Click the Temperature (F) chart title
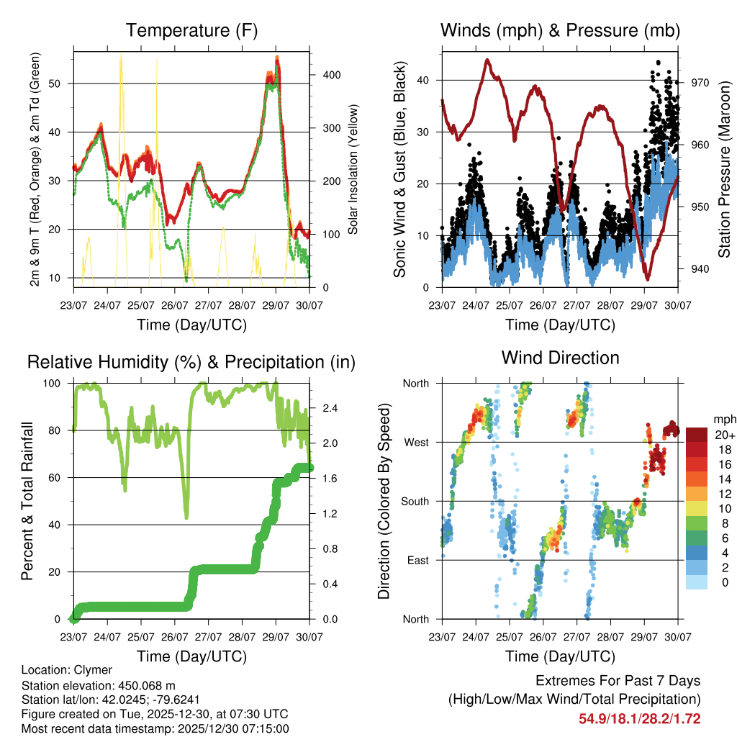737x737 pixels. click(191, 31)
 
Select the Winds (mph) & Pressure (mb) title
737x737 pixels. click(560, 31)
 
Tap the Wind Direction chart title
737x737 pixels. click(560, 357)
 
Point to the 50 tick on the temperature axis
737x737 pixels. click(63, 83)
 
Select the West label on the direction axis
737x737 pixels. click(416, 442)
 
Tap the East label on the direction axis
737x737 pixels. click(417, 560)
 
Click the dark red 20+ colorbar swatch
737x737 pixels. click(697, 435)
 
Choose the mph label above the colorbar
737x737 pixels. click(723, 419)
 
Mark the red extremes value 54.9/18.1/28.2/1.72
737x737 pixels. click(640, 718)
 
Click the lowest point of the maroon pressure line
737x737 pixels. click(647, 279)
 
